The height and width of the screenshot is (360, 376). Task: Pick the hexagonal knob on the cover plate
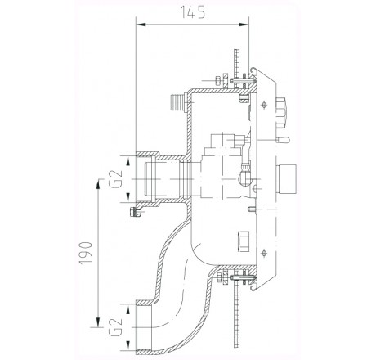[x=284, y=108]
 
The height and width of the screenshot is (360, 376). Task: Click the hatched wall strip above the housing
[x=234, y=53]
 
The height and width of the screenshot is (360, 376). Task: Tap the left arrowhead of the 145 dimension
[x=136, y=26]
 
